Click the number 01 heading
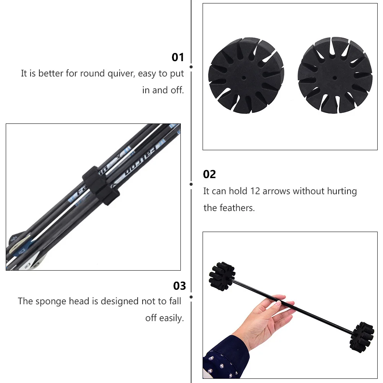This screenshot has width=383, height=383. pos(178,57)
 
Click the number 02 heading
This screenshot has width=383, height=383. pos(209,174)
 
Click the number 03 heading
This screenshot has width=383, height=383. pos(179,286)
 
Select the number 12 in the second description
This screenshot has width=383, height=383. pos(255,191)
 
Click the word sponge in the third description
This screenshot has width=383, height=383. pos(51,301)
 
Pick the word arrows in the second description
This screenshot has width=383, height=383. pos(276,191)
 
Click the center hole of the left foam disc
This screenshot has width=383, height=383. pos(244,77)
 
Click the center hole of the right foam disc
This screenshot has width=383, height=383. pos(334,78)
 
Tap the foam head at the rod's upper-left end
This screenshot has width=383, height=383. pos(222,276)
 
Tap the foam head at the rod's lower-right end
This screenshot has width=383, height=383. pos(362,337)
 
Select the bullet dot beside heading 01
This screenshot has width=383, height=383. pos(191,67)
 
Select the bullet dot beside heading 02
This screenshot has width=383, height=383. pos(191,184)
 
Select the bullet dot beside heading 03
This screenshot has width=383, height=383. pos(191,297)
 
